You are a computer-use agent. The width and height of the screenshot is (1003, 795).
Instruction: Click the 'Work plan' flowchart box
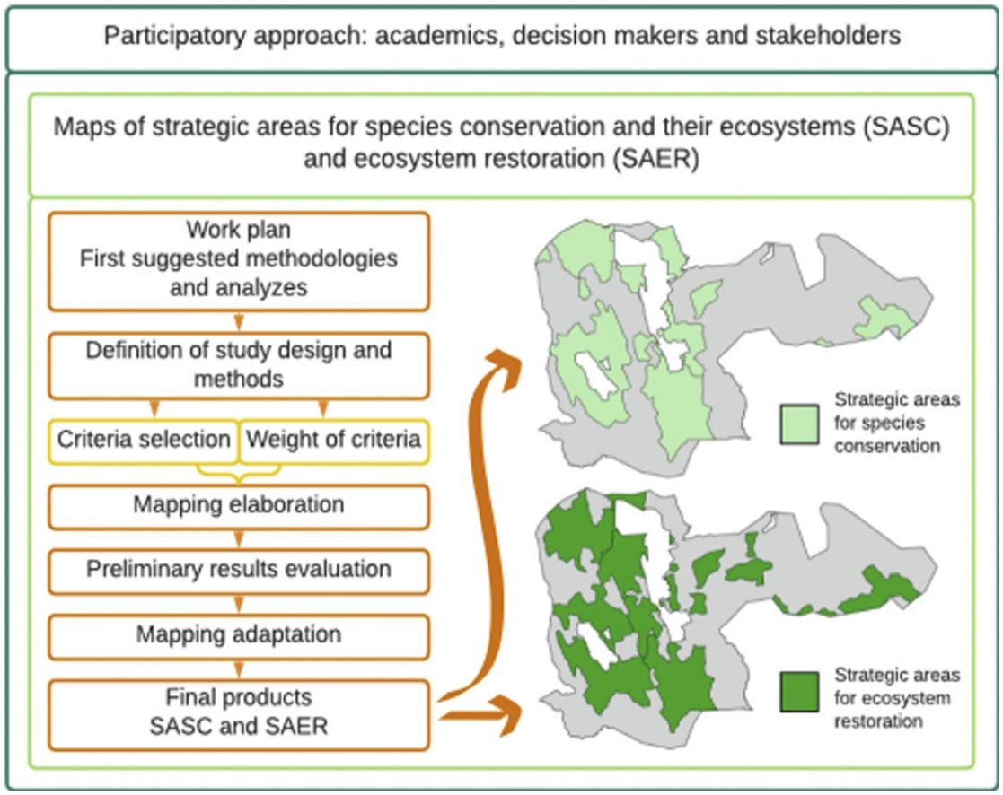238,259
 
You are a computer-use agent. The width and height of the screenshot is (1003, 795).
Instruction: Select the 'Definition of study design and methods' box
238,363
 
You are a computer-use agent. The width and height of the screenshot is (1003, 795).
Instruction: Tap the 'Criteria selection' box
145,440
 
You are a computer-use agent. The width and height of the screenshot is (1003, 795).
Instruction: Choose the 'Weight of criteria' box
332,440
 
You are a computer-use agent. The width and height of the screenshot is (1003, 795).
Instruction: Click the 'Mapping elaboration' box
238,505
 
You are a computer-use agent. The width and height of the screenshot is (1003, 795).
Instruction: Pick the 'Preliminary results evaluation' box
238,569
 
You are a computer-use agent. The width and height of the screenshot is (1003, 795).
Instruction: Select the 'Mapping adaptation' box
238,634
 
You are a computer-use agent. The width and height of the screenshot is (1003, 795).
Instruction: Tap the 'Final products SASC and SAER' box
238,711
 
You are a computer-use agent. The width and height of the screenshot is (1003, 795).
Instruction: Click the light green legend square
798,423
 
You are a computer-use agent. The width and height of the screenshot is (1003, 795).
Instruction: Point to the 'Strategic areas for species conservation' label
896,423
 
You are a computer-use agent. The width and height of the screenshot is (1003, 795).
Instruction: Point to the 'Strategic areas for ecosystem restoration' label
896,697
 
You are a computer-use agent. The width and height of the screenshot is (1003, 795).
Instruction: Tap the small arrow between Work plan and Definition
238,320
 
